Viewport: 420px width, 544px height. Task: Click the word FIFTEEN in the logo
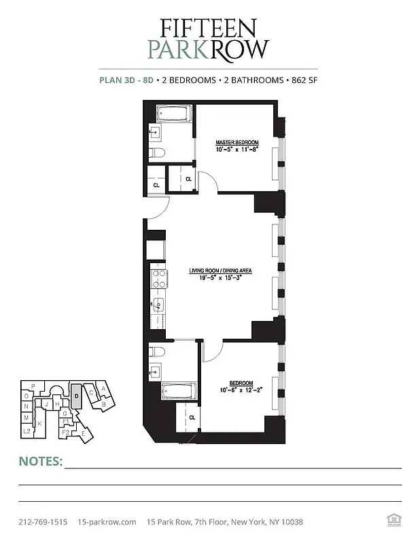click(209, 27)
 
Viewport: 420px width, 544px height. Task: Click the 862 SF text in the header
click(303, 80)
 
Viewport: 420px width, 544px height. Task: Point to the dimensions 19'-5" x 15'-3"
click(220, 277)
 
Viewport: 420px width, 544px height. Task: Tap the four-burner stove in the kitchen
click(159, 279)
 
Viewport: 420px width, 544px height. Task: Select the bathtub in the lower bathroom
click(179, 392)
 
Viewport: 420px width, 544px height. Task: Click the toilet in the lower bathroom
click(156, 352)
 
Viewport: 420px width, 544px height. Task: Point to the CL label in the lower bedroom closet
click(192, 417)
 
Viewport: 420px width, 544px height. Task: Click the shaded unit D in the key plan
click(77, 396)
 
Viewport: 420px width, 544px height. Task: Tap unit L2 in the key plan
click(27, 431)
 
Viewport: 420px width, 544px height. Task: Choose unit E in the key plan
click(84, 433)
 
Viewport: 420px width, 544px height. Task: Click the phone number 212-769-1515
click(43, 522)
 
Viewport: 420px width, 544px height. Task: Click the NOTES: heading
click(40, 462)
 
